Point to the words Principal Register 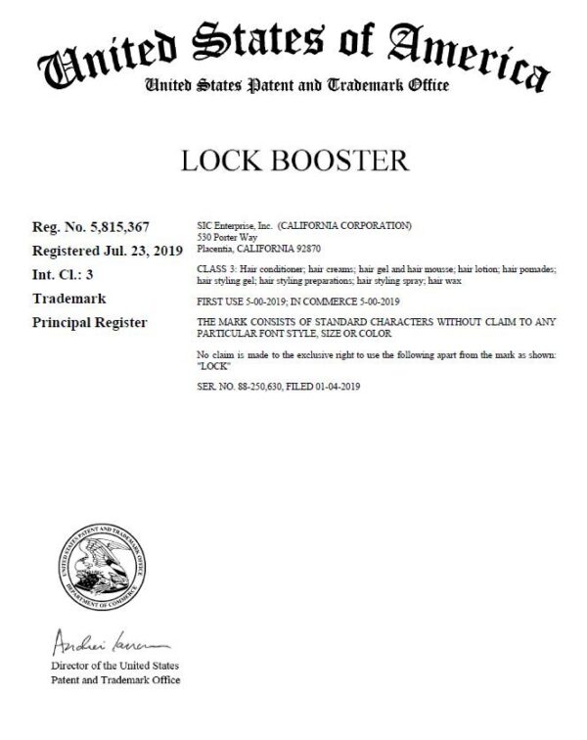click(x=90, y=322)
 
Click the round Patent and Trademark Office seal click(x=99, y=564)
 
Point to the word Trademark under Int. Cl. click(x=69, y=299)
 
